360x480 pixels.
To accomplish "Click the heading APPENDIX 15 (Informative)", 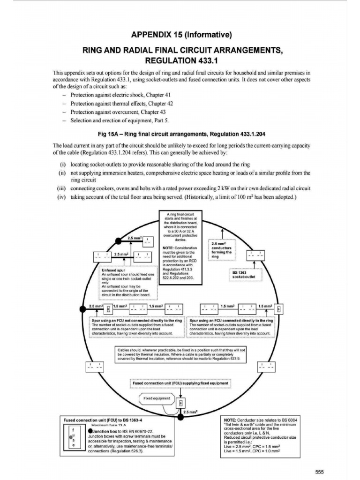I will (180, 35).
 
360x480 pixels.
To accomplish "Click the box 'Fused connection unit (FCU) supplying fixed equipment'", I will (180, 383).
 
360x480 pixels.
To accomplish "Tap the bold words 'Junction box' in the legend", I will (103, 430).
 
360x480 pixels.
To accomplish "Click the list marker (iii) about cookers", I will (61, 188).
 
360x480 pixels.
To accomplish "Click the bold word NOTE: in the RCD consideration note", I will (169, 247).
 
